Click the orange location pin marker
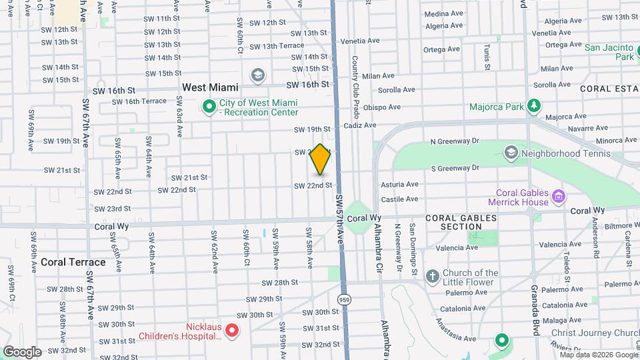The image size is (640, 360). (x=320, y=159)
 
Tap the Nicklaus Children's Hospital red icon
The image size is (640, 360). (x=232, y=329)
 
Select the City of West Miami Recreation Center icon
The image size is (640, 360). (x=209, y=106)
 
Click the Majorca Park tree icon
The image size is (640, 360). (x=533, y=106)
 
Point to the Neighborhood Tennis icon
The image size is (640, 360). (x=511, y=153)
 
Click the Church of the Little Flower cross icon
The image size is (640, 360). (x=432, y=276)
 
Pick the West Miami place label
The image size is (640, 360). (x=210, y=87)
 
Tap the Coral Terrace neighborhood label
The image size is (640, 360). (x=73, y=262)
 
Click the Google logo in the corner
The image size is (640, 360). (x=22, y=351)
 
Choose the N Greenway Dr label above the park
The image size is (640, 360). (x=455, y=141)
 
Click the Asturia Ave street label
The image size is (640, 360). (x=399, y=184)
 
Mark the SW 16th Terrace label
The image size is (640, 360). (x=139, y=101)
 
